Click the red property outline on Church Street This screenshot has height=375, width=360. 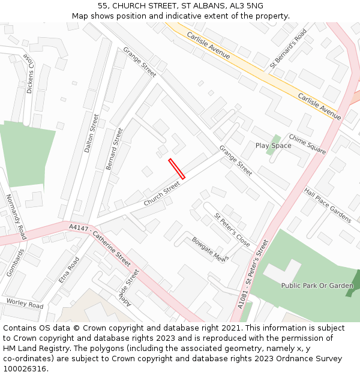tap(177, 169)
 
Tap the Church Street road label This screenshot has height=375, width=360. tap(161, 194)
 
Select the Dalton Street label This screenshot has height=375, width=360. tap(91, 133)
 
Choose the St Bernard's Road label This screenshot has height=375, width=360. tap(288, 47)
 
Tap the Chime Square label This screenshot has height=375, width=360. tap(307, 144)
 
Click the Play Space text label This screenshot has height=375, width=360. tap(273, 146)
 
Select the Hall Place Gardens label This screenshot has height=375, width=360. tap(327, 205)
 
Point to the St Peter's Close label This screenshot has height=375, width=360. tap(232, 230)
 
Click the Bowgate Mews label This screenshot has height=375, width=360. tap(210, 250)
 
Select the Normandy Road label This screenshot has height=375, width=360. tap(16, 217)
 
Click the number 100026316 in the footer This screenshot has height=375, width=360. tap(25, 369)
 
